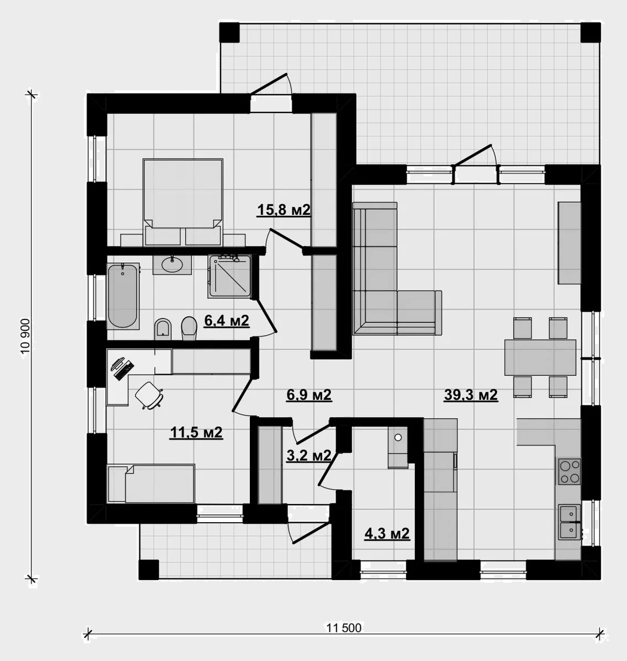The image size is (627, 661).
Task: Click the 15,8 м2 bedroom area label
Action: pos(283,210)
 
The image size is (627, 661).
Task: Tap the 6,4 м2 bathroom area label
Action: pos(227,321)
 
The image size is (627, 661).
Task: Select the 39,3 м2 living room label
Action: pos(471,395)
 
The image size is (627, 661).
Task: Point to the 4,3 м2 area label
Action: pos(387,534)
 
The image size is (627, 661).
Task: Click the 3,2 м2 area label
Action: pos(309,456)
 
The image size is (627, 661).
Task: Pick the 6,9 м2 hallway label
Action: pos(309,395)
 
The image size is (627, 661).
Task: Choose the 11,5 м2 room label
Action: pos(197,433)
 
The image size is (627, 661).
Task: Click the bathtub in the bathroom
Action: pos(123,296)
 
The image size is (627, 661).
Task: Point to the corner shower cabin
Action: pos(230,277)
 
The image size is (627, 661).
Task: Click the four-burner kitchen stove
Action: pos(569,472)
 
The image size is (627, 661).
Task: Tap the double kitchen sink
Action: pos(570,522)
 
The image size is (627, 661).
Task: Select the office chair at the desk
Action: pos(149,395)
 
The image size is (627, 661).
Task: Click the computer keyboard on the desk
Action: pos(124,371)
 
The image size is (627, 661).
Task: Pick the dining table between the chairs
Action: pos(540,357)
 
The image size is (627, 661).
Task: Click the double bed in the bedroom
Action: pos(183,202)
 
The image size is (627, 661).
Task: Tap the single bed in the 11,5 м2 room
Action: pos(151,484)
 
